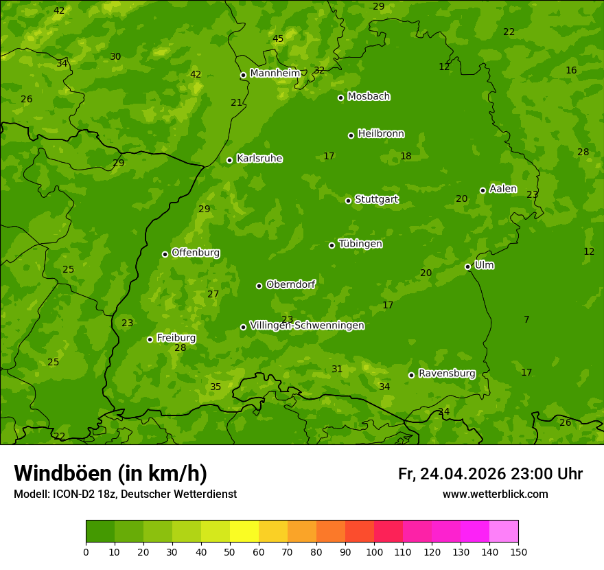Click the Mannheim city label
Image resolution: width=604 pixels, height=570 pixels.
pyautogui.click(x=275, y=73)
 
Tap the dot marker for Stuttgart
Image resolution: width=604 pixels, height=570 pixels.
pyautogui.click(x=348, y=201)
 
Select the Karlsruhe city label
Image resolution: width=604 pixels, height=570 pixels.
pyautogui.click(x=259, y=159)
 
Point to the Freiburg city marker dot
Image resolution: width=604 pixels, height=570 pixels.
pyautogui.click(x=150, y=339)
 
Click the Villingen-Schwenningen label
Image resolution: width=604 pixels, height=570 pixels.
pyautogui.click(x=307, y=326)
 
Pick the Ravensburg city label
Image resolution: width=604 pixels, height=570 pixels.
pyautogui.click(x=447, y=374)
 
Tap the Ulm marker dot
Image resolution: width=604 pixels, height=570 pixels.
pyautogui.click(x=467, y=266)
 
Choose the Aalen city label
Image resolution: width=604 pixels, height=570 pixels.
pyautogui.click(x=503, y=189)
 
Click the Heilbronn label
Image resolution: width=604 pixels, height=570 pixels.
pyautogui.click(x=381, y=134)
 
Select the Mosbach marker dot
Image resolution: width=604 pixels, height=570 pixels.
pyautogui.click(x=340, y=98)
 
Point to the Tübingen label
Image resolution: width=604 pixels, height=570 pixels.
pyautogui.click(x=360, y=244)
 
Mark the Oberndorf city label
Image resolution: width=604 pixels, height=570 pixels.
pyautogui.click(x=290, y=284)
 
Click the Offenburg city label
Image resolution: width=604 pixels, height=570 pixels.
pyautogui.click(x=196, y=253)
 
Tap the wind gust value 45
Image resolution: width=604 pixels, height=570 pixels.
pyautogui.click(x=277, y=39)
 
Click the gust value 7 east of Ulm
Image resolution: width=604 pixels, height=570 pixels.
pyautogui.click(x=526, y=319)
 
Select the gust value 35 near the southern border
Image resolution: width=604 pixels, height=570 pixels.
pyautogui.click(x=216, y=387)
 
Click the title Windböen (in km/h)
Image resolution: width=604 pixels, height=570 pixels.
pyautogui.click(x=111, y=473)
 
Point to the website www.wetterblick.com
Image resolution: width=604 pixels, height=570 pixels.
pyautogui.click(x=495, y=494)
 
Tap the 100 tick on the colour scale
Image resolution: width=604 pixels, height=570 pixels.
pyautogui.click(x=374, y=551)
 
